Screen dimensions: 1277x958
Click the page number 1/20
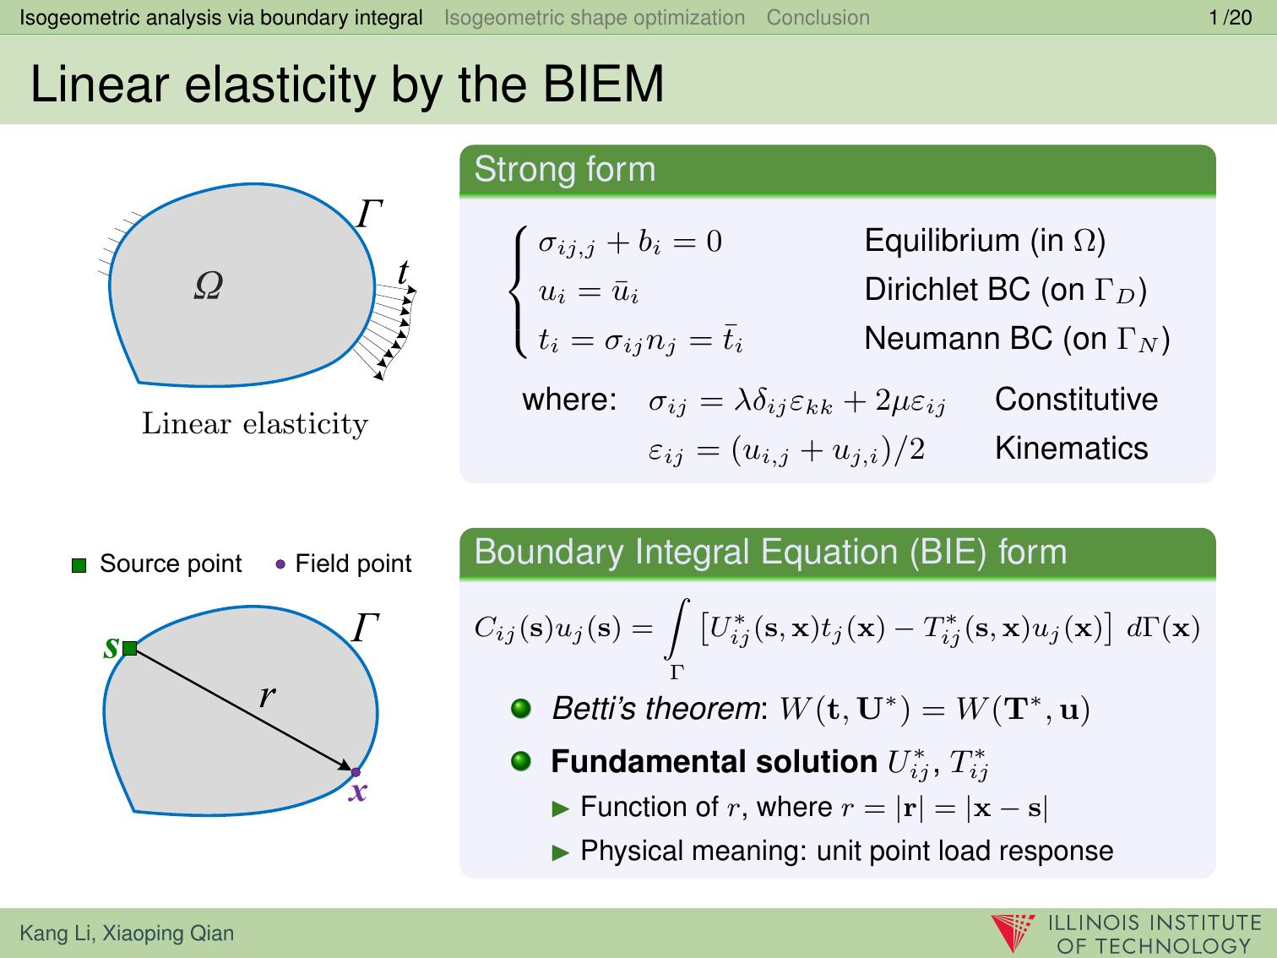click(1230, 18)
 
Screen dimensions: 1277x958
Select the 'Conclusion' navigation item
click(818, 18)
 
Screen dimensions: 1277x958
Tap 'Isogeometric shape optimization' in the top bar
click(595, 18)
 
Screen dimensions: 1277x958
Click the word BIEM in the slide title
click(603, 84)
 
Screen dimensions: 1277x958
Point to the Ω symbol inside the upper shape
click(209, 285)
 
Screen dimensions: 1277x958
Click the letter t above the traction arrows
click(403, 272)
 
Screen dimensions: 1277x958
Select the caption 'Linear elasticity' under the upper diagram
click(255, 424)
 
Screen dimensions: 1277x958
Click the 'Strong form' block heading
click(565, 169)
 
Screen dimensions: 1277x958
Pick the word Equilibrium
click(943, 242)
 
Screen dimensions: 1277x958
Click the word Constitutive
click(1076, 400)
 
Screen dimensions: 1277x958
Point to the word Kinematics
click(1072, 449)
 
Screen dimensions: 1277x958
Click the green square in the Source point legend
click(79, 565)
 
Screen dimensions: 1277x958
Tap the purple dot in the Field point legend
click(280, 564)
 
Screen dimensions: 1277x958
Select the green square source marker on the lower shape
click(130, 648)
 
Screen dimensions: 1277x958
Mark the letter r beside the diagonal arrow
click(268, 695)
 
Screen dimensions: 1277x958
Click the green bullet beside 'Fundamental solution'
click(521, 761)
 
